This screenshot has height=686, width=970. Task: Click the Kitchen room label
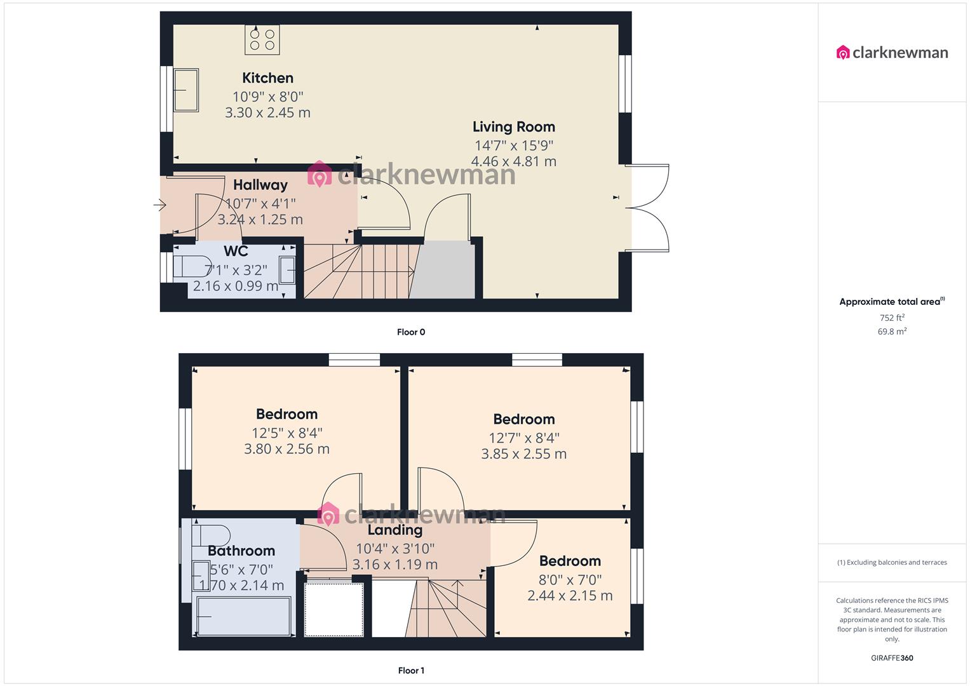click(267, 78)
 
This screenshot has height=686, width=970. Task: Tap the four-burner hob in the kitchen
click(262, 40)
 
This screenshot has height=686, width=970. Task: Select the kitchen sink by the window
click(186, 90)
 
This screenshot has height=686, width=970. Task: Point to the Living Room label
click(513, 127)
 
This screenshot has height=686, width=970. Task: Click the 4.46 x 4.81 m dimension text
click(513, 161)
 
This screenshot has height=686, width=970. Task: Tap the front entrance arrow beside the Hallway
click(160, 205)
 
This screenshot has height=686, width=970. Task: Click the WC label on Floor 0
click(236, 251)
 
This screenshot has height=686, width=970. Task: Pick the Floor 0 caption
click(411, 332)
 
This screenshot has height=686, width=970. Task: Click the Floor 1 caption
click(411, 671)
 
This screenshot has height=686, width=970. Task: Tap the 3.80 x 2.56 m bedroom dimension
click(286, 449)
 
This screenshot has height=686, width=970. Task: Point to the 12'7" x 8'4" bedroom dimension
click(524, 438)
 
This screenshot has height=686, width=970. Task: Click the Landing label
click(395, 530)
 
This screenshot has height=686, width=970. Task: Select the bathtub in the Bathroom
click(244, 616)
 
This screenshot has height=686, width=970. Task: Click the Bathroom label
click(241, 551)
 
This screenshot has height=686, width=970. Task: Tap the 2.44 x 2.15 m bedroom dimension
click(570, 596)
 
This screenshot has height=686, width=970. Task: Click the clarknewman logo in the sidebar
click(892, 52)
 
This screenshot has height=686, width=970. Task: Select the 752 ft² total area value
click(892, 318)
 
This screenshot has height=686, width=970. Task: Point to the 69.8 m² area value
click(892, 332)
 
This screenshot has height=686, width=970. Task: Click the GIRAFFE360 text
click(892, 658)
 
